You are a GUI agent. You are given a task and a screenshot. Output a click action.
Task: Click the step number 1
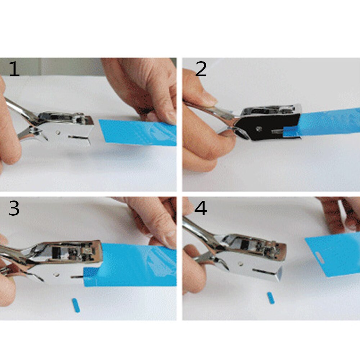(14, 69)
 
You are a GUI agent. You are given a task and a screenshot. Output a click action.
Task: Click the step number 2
(201, 69)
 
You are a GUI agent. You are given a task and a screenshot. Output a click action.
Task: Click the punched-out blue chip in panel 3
(76, 305)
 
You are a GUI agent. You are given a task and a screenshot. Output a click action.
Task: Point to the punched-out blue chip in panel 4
(271, 298)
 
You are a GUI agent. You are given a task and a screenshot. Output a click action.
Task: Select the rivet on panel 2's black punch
(258, 128)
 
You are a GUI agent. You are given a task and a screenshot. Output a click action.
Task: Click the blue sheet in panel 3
(137, 265)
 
